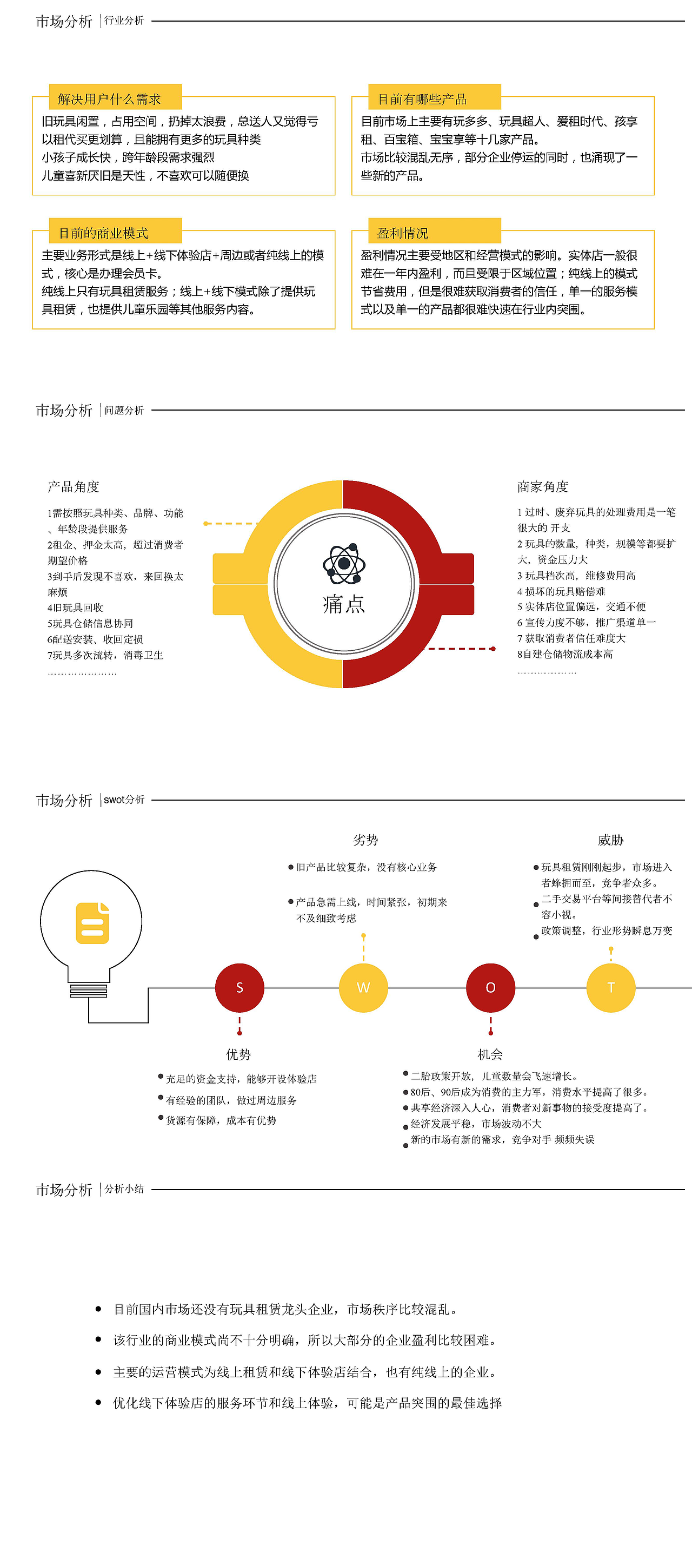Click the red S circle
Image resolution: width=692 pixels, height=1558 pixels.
[239, 988]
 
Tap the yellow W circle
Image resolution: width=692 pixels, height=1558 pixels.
[363, 988]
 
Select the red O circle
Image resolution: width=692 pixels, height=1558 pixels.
[490, 988]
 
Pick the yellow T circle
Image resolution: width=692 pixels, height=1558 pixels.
[610, 988]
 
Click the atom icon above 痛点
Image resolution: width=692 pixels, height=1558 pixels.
[344, 564]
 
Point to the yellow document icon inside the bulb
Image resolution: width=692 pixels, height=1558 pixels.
[92, 923]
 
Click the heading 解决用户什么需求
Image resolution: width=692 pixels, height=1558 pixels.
[109, 98]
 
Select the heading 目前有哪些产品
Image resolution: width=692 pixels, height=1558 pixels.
[422, 98]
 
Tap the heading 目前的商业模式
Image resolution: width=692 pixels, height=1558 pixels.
[103, 233]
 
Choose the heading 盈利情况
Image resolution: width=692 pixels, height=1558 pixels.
[403, 233]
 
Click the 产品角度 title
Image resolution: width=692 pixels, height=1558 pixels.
[73, 487]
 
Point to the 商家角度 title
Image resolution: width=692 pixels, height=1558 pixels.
[543, 487]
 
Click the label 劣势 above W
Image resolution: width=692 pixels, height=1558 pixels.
[365, 840]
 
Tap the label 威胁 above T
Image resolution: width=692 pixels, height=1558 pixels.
[610, 840]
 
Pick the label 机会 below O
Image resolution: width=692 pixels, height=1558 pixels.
[490, 1054]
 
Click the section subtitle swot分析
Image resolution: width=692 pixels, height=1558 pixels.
[124, 800]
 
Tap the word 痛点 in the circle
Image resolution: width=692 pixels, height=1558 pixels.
[344, 604]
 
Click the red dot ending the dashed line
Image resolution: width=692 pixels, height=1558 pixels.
[493, 649]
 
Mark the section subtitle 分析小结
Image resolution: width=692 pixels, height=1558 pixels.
[124, 1189]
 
